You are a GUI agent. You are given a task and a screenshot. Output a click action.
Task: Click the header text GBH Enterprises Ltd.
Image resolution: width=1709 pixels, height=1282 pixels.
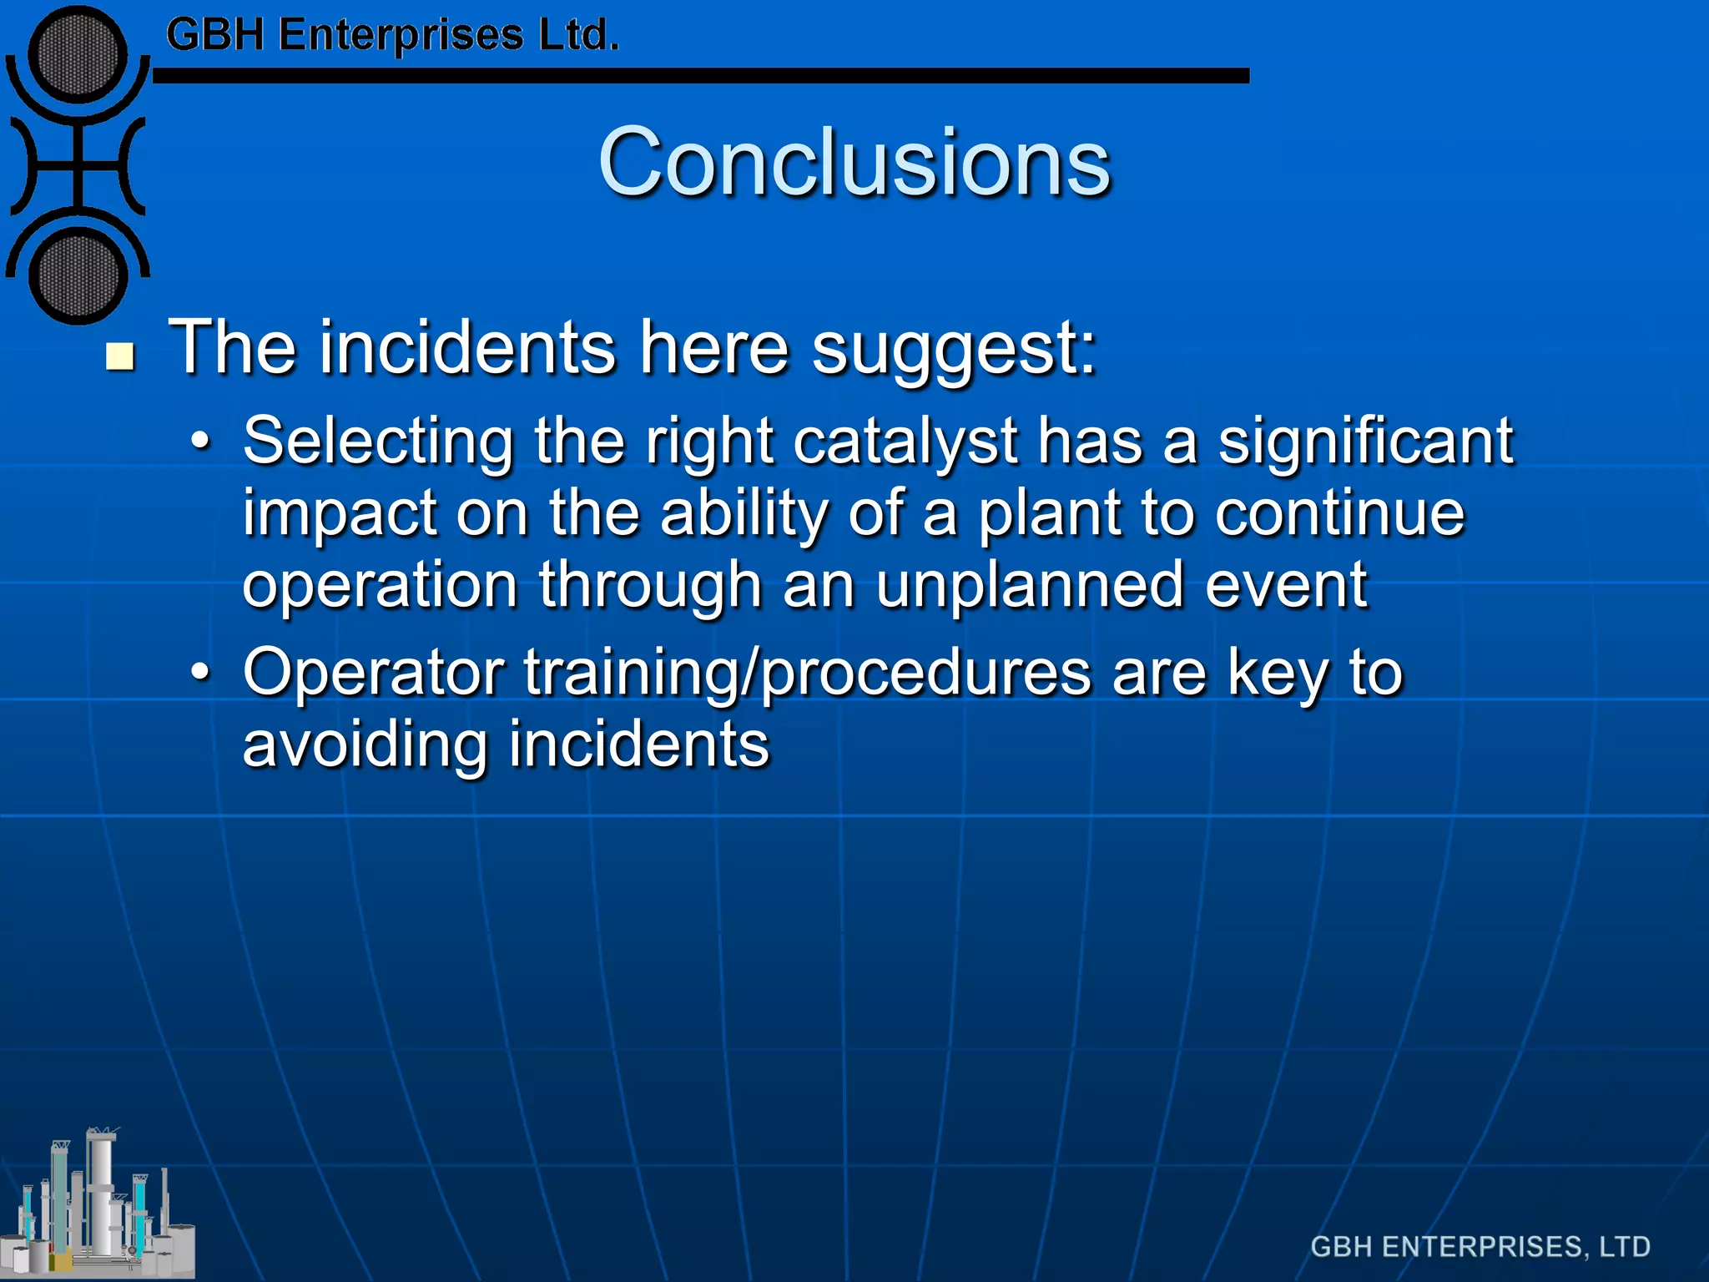click(x=392, y=36)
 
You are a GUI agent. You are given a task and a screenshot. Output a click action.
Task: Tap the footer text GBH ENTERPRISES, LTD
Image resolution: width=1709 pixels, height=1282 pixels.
click(x=1480, y=1246)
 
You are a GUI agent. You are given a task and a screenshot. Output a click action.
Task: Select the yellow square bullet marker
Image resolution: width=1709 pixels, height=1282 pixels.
click(x=121, y=356)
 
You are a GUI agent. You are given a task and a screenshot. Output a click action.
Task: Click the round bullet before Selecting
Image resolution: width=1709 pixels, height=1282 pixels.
click(x=200, y=440)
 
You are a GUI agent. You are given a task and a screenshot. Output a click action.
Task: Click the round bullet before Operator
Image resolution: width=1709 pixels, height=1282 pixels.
click(x=200, y=671)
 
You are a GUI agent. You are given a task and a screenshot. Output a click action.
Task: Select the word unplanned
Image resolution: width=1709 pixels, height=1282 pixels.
click(x=1030, y=585)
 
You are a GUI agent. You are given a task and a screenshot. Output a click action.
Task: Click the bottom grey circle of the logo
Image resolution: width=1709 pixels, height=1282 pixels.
click(x=78, y=275)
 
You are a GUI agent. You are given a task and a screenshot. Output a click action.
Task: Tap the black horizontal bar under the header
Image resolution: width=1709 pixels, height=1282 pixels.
click(x=701, y=76)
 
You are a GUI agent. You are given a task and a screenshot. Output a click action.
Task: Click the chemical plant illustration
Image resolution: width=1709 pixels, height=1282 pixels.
click(x=98, y=1206)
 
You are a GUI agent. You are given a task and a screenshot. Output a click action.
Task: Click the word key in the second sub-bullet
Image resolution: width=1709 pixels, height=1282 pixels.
click(x=1278, y=673)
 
